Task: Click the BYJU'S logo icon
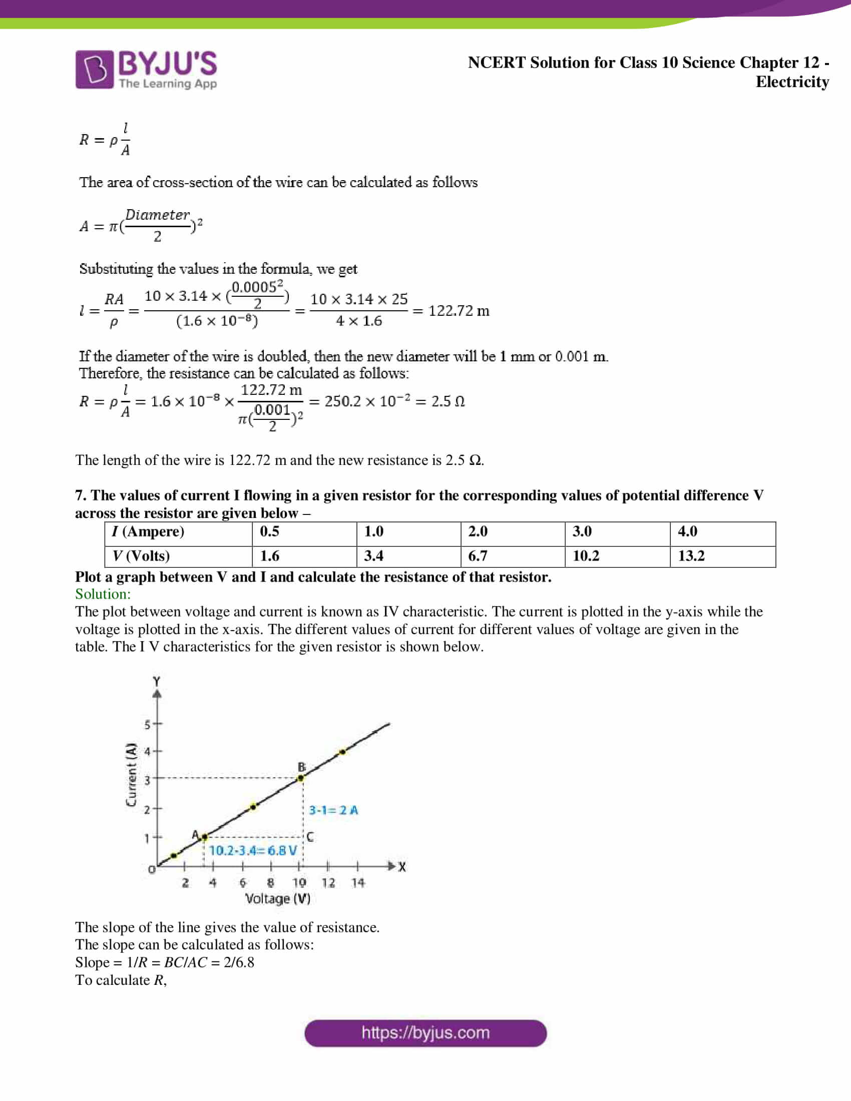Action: (x=94, y=70)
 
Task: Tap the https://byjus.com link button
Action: (x=425, y=1033)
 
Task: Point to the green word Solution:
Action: (x=103, y=594)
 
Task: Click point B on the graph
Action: (x=301, y=778)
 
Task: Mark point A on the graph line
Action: (x=204, y=837)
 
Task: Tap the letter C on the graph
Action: (x=309, y=837)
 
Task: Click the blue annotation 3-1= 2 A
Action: (x=333, y=810)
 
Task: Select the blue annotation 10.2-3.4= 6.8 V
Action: (x=253, y=850)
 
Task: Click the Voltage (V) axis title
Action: (x=277, y=899)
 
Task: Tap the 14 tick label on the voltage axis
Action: (x=358, y=883)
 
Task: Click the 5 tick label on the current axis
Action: (x=147, y=725)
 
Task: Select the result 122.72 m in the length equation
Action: (x=458, y=311)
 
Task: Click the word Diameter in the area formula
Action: (x=157, y=215)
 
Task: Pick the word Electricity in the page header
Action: (x=791, y=82)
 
